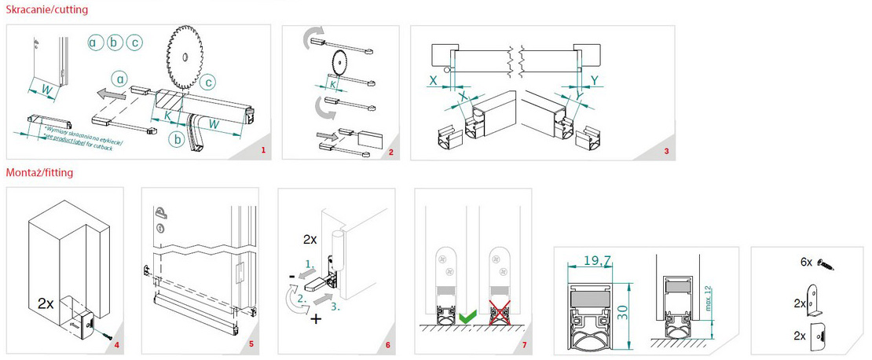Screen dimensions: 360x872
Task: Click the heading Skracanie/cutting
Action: [46, 9]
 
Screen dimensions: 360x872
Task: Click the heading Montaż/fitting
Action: [39, 172]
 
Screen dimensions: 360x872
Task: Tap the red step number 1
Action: [263, 149]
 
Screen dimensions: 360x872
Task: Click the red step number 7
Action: [524, 343]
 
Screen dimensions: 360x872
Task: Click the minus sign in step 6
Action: [291, 276]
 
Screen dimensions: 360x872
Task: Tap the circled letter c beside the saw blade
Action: [209, 81]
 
